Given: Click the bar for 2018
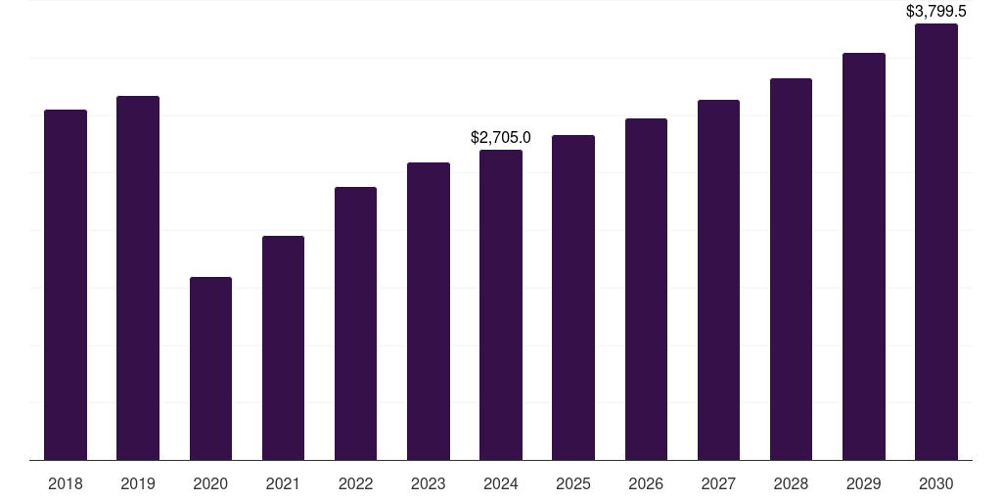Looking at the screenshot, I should coord(66,285).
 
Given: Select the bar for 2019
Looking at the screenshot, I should coord(138,278).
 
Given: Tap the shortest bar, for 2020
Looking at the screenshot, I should coord(210,368).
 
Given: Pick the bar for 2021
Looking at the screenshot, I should coord(283,347).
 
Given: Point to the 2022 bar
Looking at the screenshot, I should coord(355,323).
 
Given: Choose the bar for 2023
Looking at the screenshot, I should coord(428,311).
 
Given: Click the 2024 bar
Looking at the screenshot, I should coord(501,304).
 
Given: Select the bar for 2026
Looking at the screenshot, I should coord(646,289).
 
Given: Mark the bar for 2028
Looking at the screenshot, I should coord(791,269).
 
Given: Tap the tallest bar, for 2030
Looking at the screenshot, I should coord(935,242).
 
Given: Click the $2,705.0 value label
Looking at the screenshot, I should coord(501,138).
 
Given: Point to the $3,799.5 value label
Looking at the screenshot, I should coord(935,12).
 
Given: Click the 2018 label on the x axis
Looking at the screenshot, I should coord(66,483).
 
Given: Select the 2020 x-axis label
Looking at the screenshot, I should coord(210,483).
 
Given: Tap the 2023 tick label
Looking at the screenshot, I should coord(428,483).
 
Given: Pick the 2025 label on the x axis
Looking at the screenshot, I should coord(573,483).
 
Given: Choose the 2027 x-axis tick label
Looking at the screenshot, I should coord(718,483).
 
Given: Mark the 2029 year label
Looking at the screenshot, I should coord(863,483).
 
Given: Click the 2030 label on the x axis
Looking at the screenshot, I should coord(935,483).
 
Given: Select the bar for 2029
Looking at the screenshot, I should coord(863,256).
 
